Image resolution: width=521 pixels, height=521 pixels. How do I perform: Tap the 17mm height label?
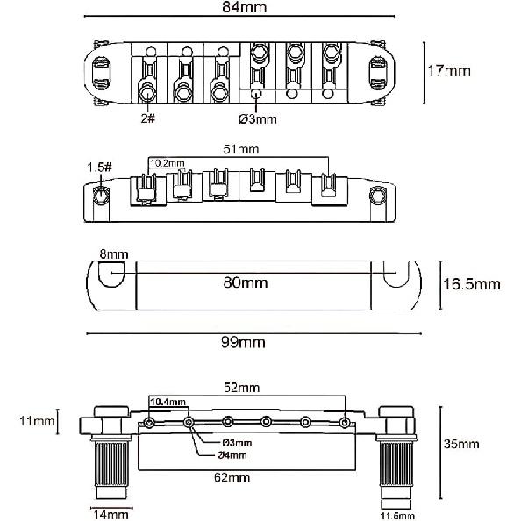pos(457,70)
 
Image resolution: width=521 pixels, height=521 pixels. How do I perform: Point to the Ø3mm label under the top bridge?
pos(257,117)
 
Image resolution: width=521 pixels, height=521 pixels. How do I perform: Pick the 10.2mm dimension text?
pos(167,162)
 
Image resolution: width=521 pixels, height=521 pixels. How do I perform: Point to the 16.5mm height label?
pos(469,283)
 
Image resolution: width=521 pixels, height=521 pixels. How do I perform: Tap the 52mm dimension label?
pos(242,388)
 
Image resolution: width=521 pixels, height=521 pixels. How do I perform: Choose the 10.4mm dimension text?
pos(168,402)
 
